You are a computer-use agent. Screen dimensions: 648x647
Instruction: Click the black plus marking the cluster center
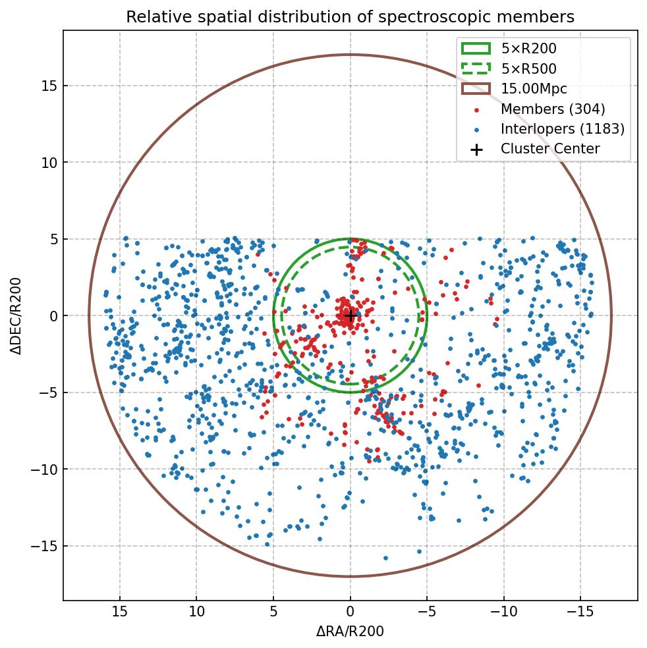click(351, 315)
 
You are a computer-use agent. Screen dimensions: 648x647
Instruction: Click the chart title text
click(350, 17)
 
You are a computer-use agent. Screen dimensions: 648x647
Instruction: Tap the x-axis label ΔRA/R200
click(350, 632)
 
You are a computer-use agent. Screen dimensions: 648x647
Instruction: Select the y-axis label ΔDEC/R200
click(16, 315)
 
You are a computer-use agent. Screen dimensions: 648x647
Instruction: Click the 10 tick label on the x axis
click(196, 612)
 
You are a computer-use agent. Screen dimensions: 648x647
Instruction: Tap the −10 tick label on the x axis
click(504, 612)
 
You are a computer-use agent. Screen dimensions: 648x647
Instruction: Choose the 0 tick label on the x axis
click(351, 612)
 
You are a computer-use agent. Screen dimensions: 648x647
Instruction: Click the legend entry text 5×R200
click(528, 49)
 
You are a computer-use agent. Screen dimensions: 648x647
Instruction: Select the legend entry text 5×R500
click(528, 68)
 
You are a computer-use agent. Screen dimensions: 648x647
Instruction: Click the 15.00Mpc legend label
click(534, 89)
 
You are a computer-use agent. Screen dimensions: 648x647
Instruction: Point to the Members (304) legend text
click(553, 109)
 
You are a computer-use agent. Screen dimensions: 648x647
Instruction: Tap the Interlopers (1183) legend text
click(563, 129)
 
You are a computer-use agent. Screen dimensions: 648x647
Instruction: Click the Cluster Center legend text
click(550, 149)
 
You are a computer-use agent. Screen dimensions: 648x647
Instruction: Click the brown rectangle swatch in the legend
click(476, 89)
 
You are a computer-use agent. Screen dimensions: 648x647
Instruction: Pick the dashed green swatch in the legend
click(476, 68)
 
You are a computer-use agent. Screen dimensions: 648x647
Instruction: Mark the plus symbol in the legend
click(476, 149)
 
